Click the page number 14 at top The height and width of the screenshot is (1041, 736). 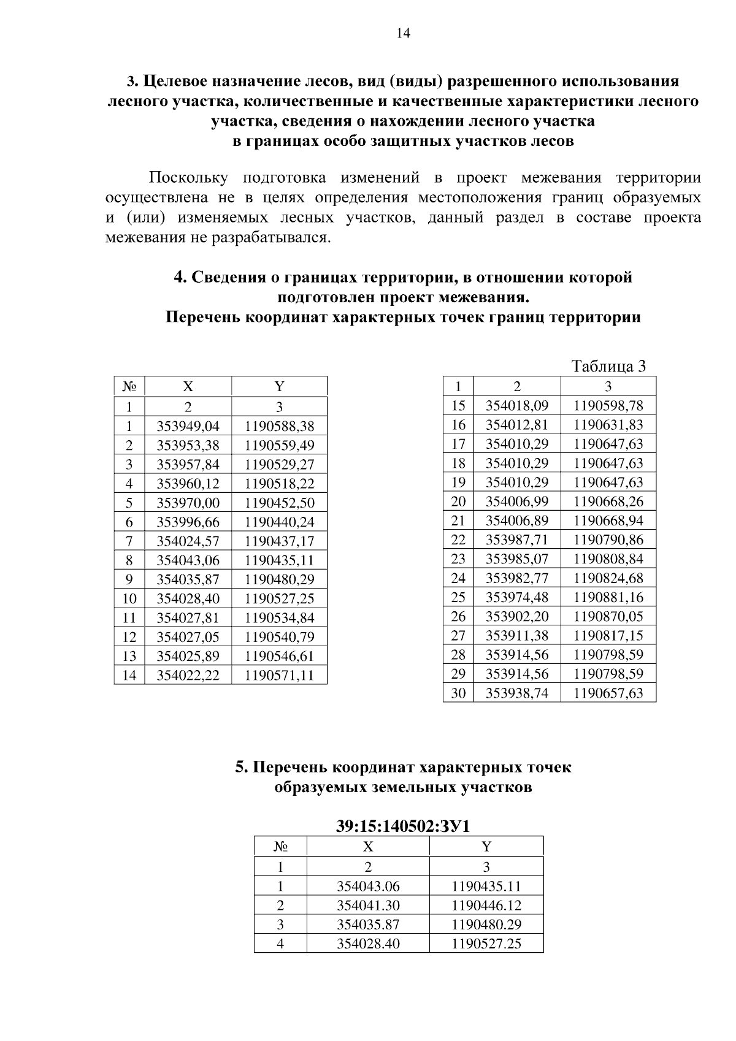click(x=403, y=34)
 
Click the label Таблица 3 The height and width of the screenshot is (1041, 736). click(x=608, y=367)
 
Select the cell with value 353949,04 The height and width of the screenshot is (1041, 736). click(x=188, y=426)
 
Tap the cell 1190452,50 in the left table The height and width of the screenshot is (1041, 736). click(x=279, y=503)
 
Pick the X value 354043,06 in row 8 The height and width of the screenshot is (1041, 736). click(x=188, y=560)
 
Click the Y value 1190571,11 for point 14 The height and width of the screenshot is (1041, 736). click(x=279, y=676)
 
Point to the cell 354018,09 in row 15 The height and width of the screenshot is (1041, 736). click(x=517, y=405)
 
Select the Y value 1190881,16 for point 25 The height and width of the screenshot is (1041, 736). click(x=608, y=597)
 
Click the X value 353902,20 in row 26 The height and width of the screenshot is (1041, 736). click(x=517, y=616)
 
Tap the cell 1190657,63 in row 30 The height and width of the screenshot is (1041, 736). click(x=608, y=693)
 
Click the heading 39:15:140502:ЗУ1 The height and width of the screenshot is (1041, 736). click(x=403, y=826)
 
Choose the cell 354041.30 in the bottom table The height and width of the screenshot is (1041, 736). click(x=368, y=906)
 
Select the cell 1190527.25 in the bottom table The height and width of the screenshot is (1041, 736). click(x=486, y=944)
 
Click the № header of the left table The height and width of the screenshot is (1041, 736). click(x=129, y=386)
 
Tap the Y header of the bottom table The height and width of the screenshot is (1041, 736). click(x=486, y=847)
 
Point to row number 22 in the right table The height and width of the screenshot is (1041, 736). click(x=458, y=540)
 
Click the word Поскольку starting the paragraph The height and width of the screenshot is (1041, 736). click(x=188, y=178)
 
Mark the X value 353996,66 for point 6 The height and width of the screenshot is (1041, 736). click(x=188, y=522)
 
